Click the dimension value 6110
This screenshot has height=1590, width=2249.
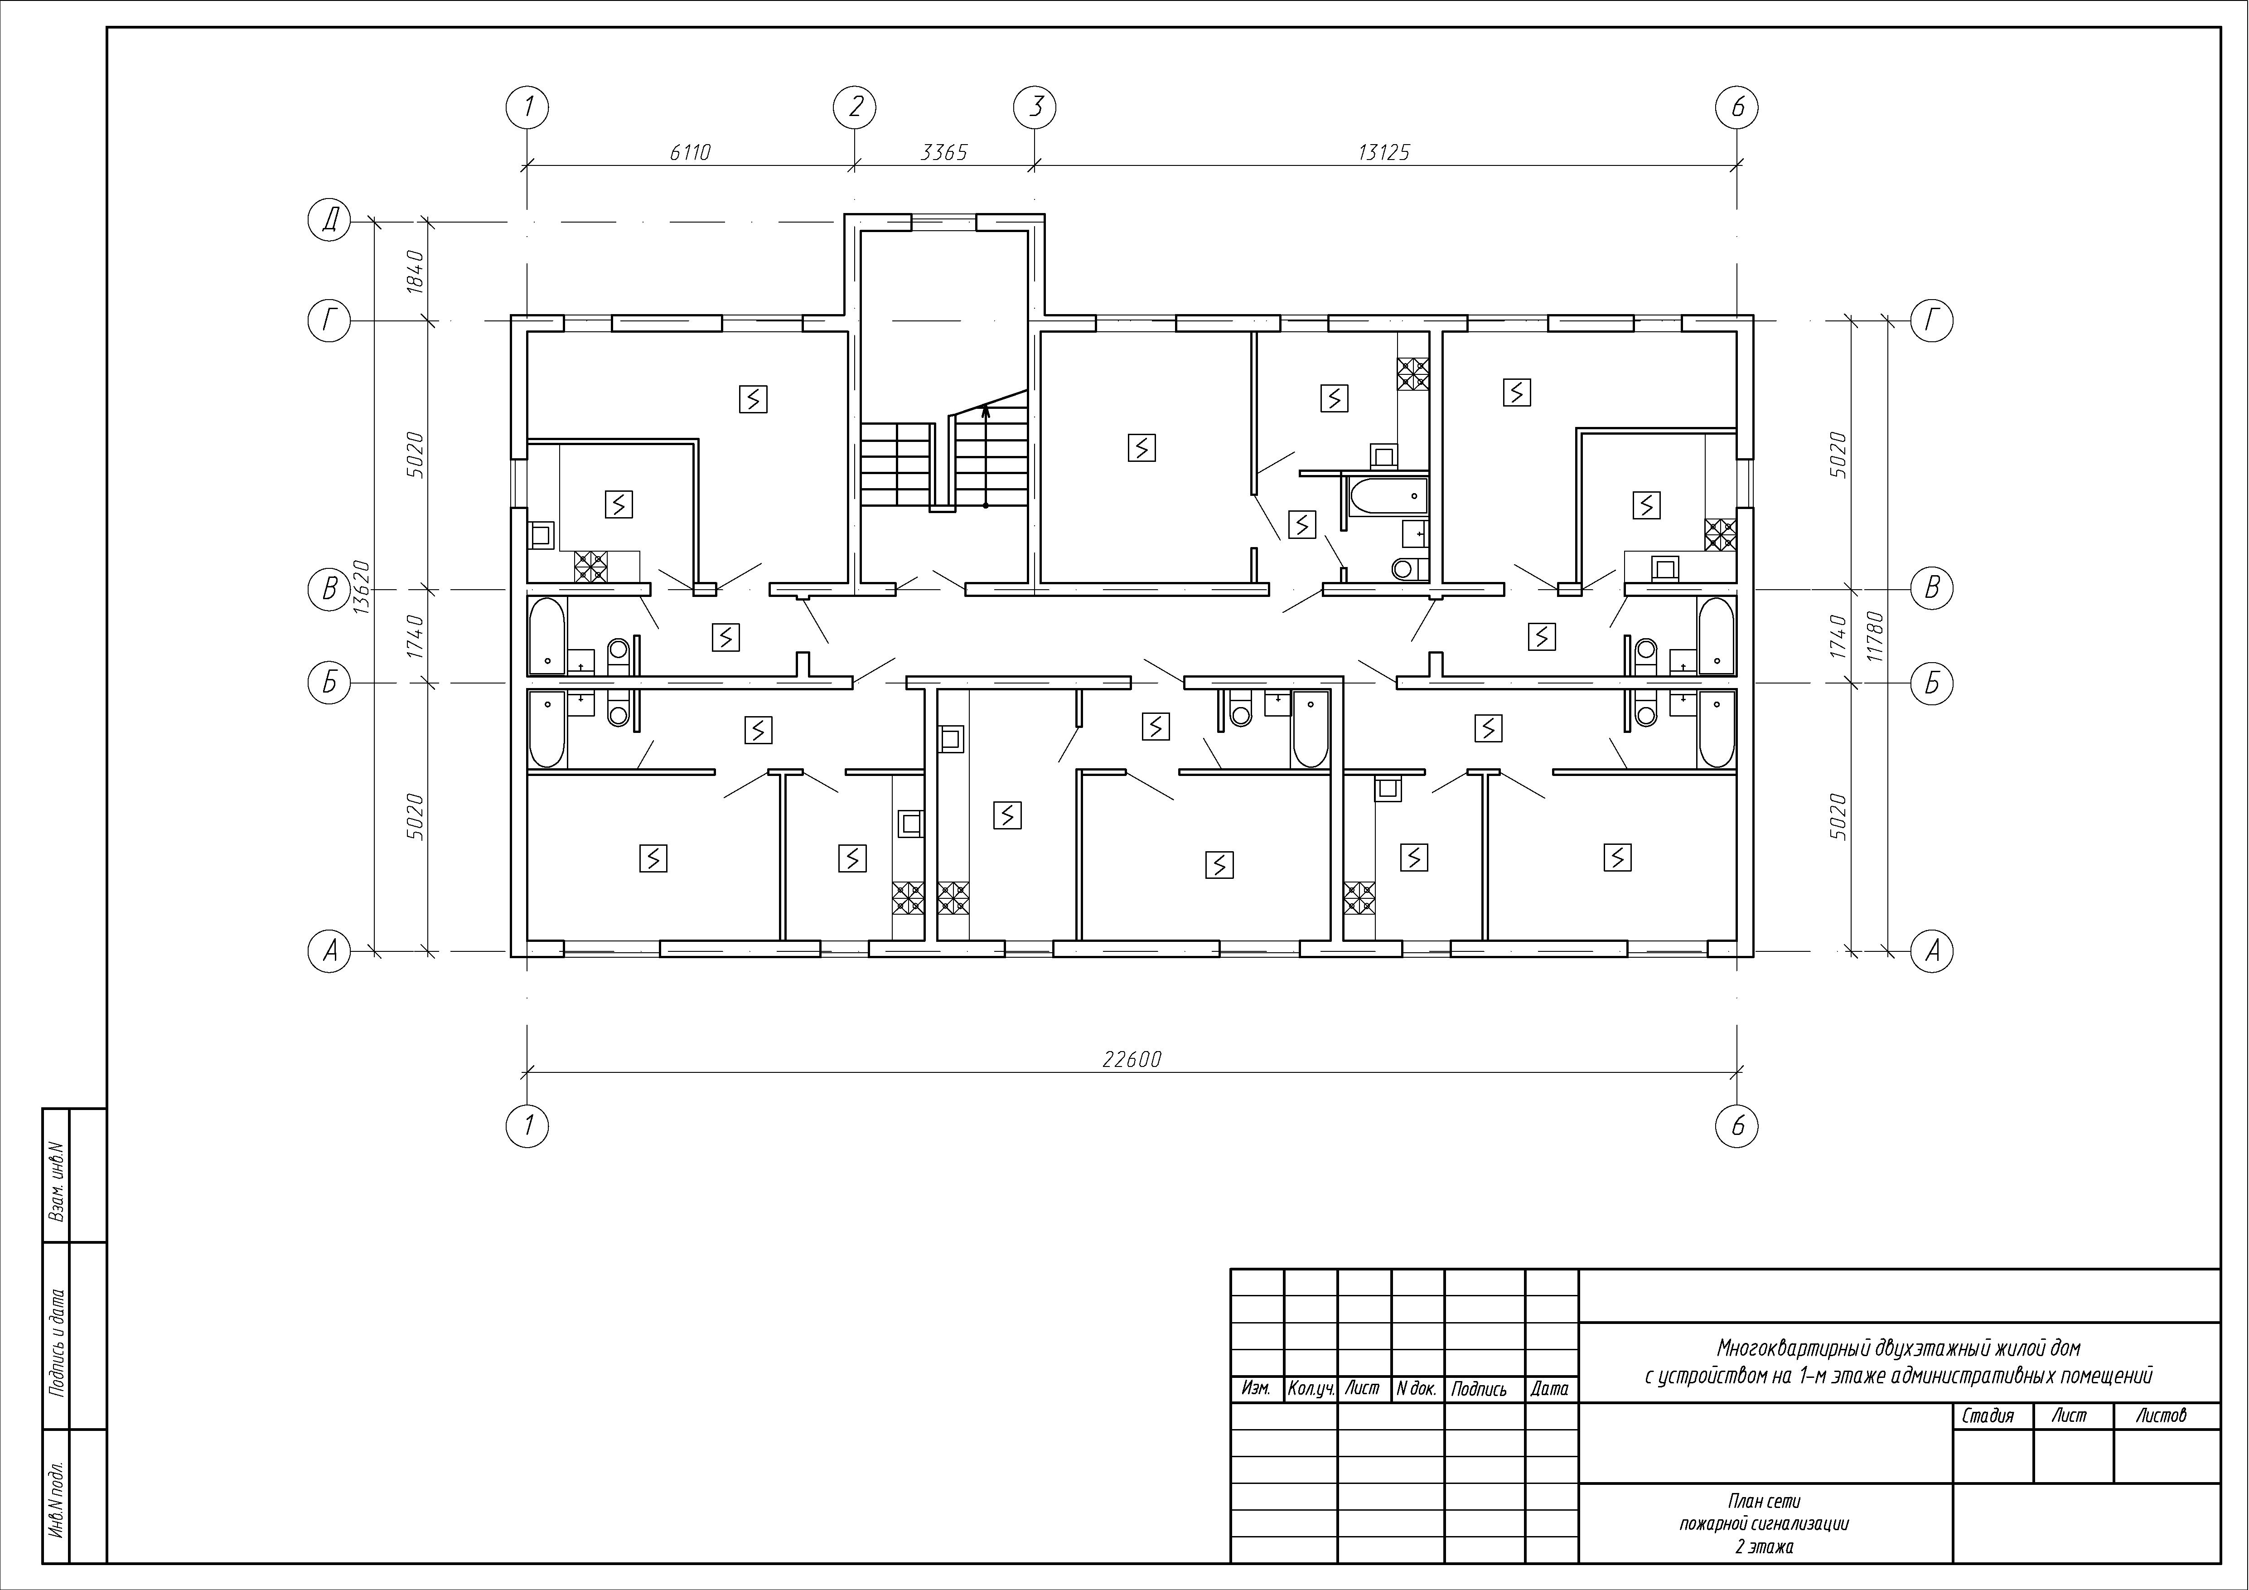click(x=690, y=153)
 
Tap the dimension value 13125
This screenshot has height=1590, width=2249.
click(x=1384, y=153)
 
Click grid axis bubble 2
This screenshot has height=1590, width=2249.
click(x=855, y=107)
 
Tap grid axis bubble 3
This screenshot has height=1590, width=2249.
click(x=1035, y=107)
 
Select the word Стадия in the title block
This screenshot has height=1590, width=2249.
click(x=1988, y=1415)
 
